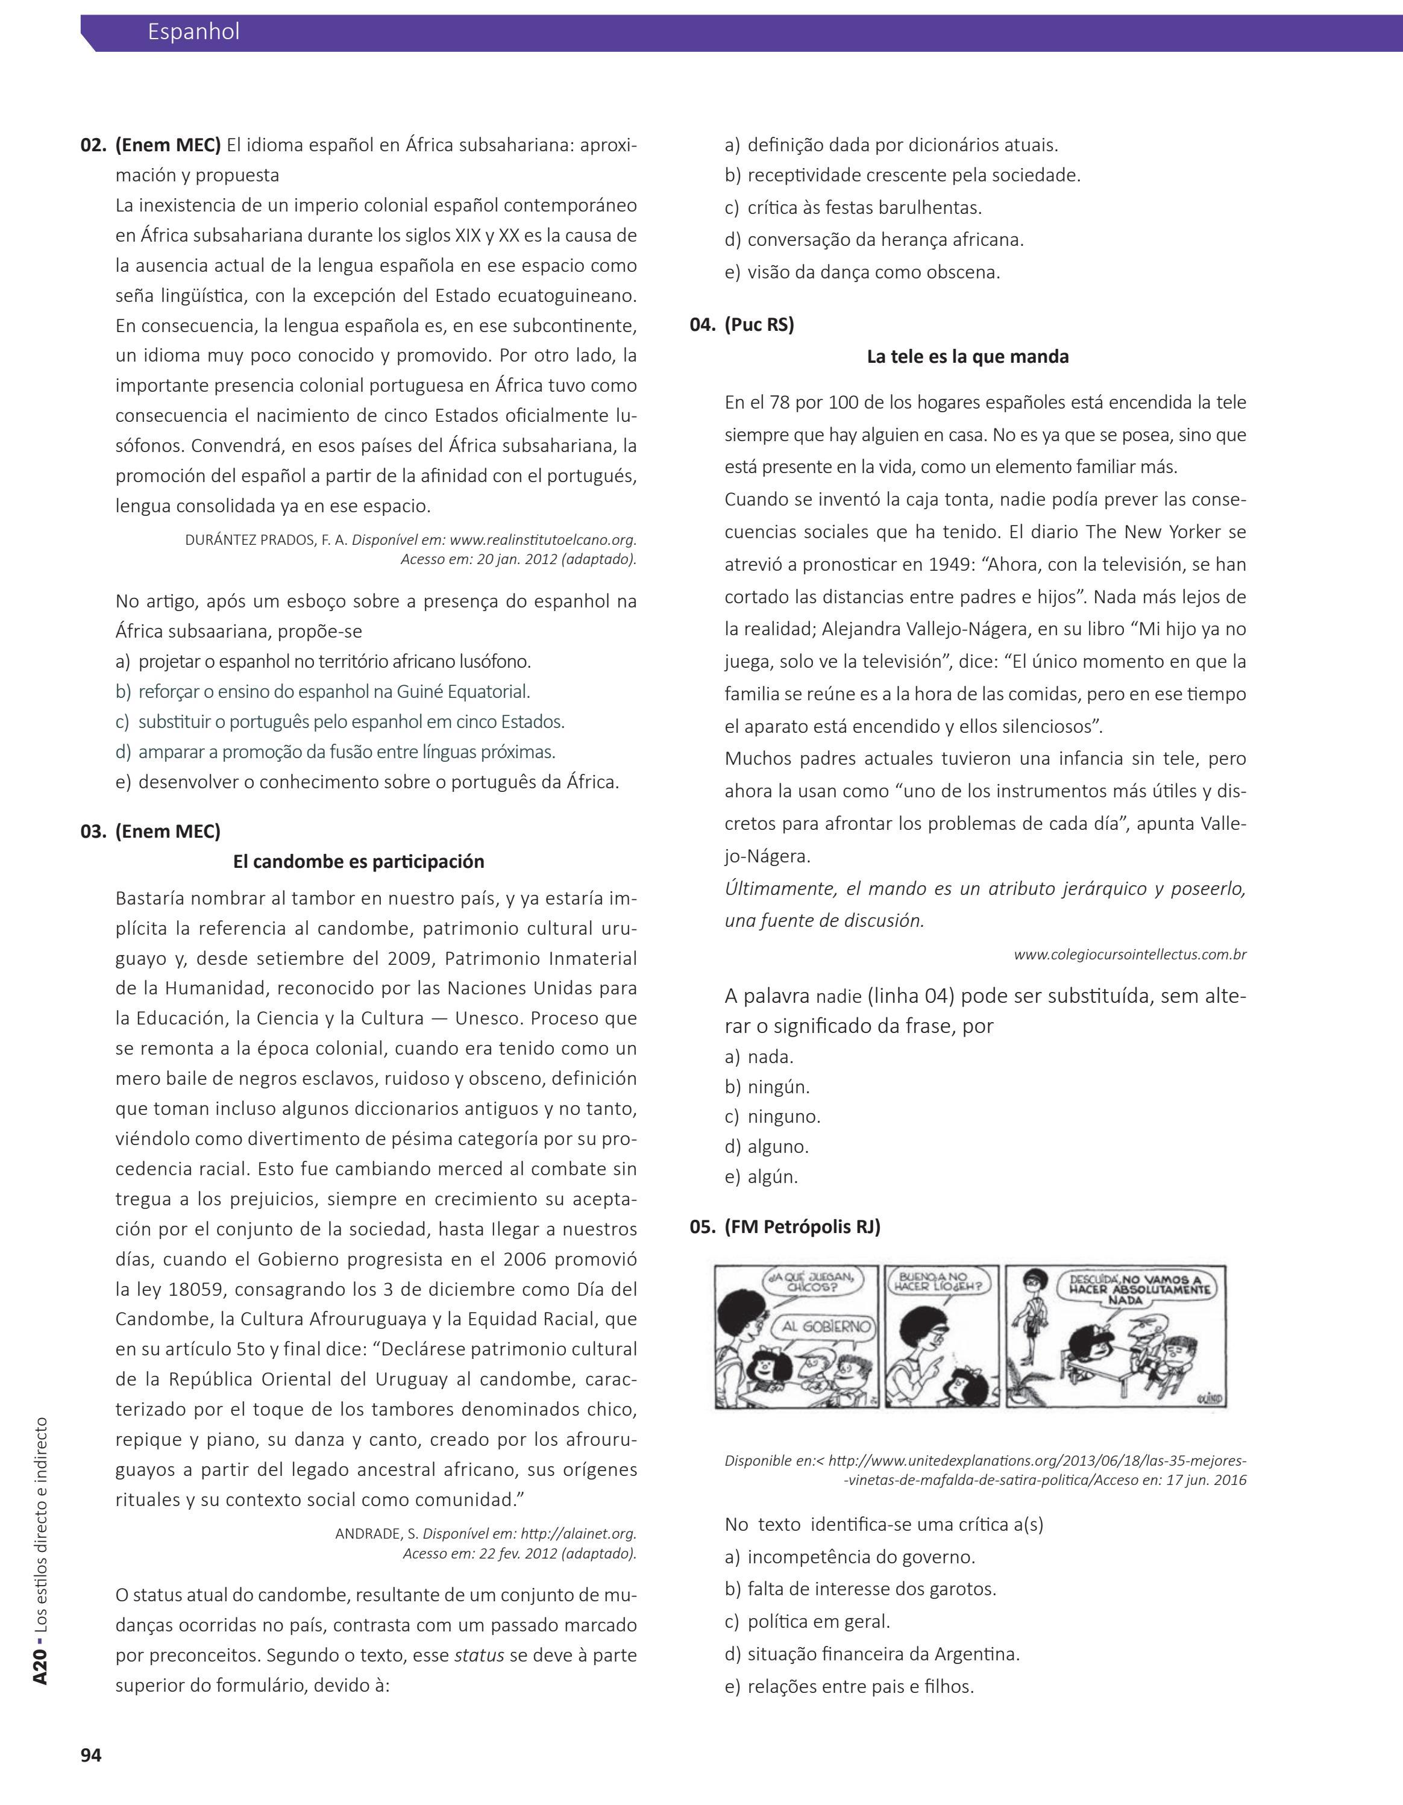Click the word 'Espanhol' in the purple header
pos(193,31)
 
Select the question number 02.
pos(93,145)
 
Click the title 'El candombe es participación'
pos(359,861)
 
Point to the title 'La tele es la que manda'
pos(967,356)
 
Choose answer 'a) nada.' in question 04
pos(759,1056)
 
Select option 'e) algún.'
pos(761,1177)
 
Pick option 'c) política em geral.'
pos(807,1622)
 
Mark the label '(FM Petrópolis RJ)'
pos(802,1226)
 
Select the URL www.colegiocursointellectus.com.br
pos(1129,955)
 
